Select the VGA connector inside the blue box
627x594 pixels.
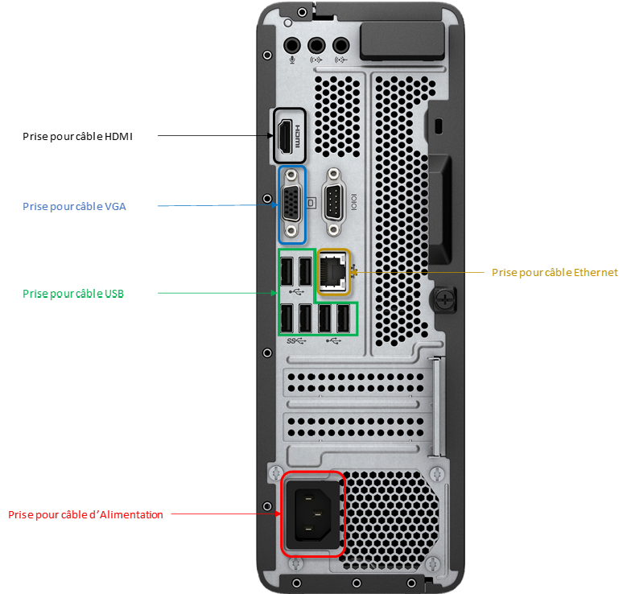(x=292, y=203)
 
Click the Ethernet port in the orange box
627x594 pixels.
(x=334, y=273)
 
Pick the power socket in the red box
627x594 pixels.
(x=311, y=515)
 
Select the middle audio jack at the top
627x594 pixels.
(x=317, y=46)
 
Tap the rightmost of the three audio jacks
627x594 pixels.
(x=343, y=46)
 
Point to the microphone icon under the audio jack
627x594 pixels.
(x=292, y=61)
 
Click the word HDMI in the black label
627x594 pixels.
(x=118, y=137)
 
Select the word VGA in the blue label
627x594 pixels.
(x=115, y=206)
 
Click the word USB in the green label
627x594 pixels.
(x=113, y=294)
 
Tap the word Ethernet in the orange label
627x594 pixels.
(x=593, y=273)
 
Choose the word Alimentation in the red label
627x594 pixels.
(x=131, y=514)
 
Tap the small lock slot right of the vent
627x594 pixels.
(x=439, y=126)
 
